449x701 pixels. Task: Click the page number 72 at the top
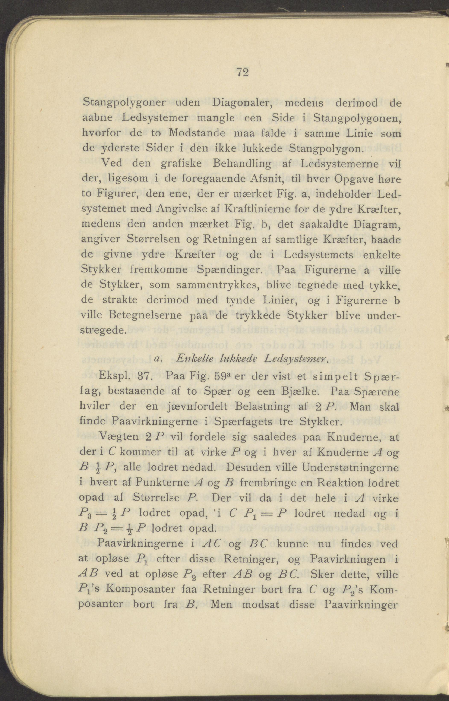click(242, 72)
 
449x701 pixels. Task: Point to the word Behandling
click(242, 164)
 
